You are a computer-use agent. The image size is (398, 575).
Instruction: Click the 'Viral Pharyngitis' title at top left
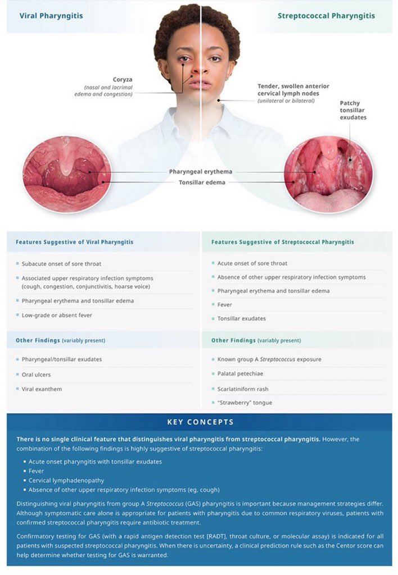(51, 16)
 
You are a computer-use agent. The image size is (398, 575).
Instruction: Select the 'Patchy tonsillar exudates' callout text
(353, 110)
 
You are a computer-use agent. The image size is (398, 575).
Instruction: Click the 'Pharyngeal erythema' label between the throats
(201, 172)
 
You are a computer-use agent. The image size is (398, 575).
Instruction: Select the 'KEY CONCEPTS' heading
(200, 422)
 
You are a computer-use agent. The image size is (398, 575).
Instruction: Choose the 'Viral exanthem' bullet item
(42, 389)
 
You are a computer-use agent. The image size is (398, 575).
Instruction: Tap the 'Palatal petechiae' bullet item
(240, 373)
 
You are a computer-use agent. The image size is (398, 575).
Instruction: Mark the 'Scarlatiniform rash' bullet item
(242, 389)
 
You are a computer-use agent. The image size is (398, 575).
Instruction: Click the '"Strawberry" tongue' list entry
(241, 403)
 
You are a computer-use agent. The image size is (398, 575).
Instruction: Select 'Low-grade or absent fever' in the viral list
(57, 315)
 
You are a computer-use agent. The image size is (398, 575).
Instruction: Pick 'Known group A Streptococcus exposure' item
(269, 359)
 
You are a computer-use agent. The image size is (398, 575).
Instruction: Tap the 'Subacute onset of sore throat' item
(61, 263)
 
